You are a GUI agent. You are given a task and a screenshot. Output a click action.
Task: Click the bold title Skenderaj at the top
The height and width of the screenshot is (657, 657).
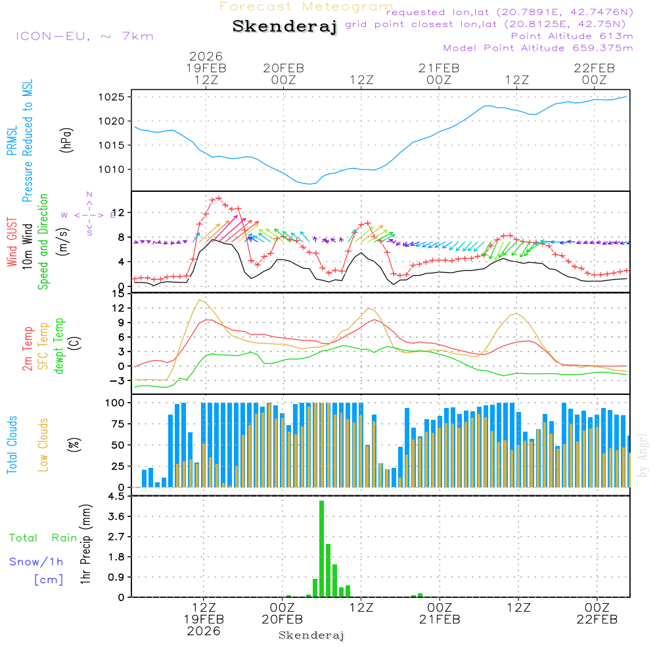284,27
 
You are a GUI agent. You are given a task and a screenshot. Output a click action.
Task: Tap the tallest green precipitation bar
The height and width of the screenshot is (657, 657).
321,549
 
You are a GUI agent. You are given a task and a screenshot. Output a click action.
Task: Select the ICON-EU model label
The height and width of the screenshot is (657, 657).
83,36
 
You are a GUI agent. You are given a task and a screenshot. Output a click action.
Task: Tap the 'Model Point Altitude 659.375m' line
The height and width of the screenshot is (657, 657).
538,48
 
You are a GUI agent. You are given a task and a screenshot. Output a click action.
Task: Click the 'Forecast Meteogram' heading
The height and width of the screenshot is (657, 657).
306,7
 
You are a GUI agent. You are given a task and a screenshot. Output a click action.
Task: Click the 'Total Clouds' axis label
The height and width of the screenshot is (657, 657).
12,445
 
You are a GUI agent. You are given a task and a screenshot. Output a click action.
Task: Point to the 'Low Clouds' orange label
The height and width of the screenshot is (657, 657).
43,445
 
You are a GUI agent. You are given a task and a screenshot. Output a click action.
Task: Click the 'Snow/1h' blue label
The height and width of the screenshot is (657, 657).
37,562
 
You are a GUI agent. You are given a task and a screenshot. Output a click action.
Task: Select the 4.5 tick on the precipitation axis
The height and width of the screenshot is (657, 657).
116,497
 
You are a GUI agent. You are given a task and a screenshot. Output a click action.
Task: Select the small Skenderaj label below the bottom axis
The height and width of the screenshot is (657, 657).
311,635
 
